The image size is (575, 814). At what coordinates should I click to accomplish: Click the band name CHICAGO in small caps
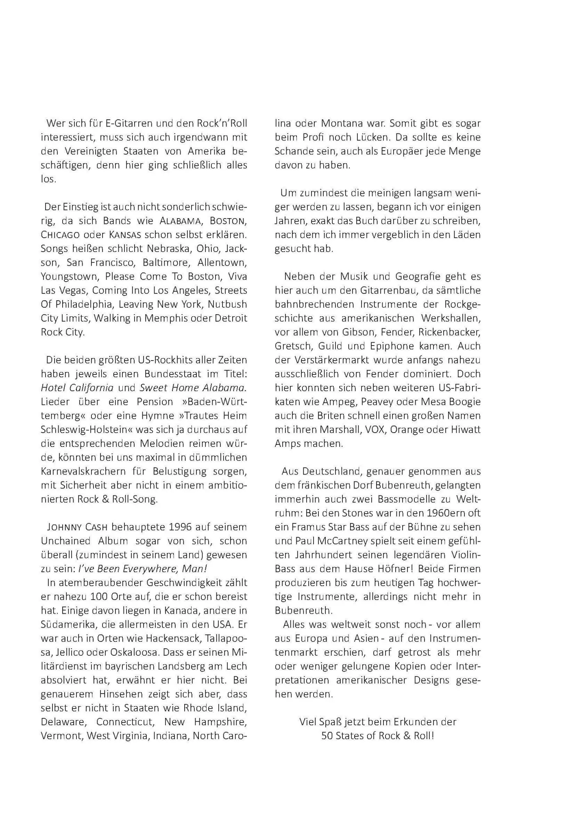pos(60,235)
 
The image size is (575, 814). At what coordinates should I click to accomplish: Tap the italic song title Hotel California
pos(77,388)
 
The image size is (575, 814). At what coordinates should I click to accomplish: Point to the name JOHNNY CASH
pos(77,527)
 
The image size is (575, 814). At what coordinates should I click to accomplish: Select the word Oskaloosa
pos(135,652)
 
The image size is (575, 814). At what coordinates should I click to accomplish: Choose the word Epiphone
pos(390,346)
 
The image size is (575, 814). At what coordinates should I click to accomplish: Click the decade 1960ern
pos(436,513)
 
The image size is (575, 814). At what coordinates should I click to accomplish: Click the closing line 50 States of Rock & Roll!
pos(377,736)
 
